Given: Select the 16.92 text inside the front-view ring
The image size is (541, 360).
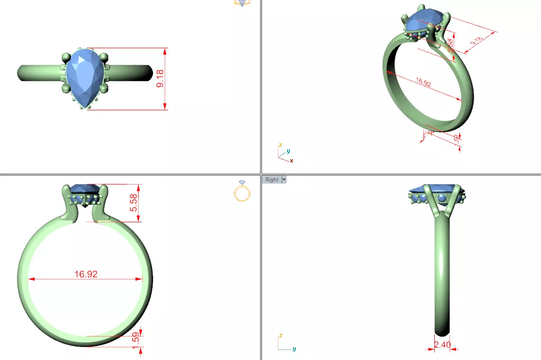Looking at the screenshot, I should tap(86, 274).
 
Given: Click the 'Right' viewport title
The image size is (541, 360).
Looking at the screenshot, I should tap(271, 180).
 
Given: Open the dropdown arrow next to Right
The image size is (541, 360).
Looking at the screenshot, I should tap(284, 180).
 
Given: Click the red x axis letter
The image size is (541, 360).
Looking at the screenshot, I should tap(292, 161).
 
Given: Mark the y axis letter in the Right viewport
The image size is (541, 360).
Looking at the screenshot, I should tap(294, 349).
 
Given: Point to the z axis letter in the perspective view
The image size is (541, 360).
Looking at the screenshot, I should tap(280, 145).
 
